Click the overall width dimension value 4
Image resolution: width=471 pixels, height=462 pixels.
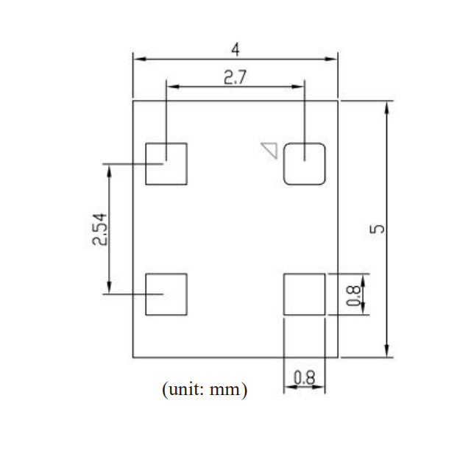(235, 50)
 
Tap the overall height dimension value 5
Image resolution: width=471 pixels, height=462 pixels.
(377, 229)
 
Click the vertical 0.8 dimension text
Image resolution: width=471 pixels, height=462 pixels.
(354, 294)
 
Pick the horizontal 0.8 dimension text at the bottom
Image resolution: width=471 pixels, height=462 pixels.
(304, 377)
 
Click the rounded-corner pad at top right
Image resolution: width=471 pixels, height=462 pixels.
(305, 163)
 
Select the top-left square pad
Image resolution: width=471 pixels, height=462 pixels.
(166, 163)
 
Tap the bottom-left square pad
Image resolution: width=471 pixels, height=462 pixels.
(166, 294)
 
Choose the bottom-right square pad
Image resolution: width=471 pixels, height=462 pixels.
(305, 294)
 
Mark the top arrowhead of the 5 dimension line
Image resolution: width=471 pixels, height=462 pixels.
(386, 106)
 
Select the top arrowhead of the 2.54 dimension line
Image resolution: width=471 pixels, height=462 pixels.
(109, 170)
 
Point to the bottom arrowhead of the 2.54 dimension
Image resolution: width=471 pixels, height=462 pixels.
(109, 288)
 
